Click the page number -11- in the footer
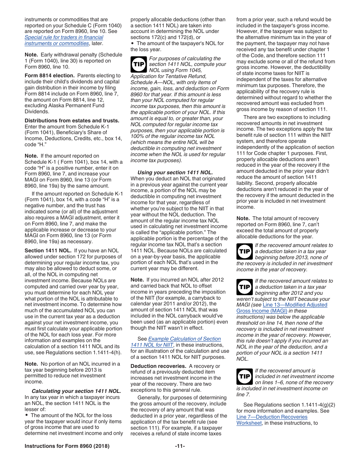tap(180, 446)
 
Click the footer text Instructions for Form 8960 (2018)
tap(67, 446)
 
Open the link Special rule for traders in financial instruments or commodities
tap(64, 41)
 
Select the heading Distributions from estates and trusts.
tap(72, 120)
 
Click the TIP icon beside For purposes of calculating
tap(138, 64)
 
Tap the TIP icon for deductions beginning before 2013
tap(244, 251)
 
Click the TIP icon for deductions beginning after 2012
tap(244, 287)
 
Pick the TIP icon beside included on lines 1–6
tap(244, 376)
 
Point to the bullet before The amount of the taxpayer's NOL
tap(132, 43)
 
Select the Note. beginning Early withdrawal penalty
tap(31, 55)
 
